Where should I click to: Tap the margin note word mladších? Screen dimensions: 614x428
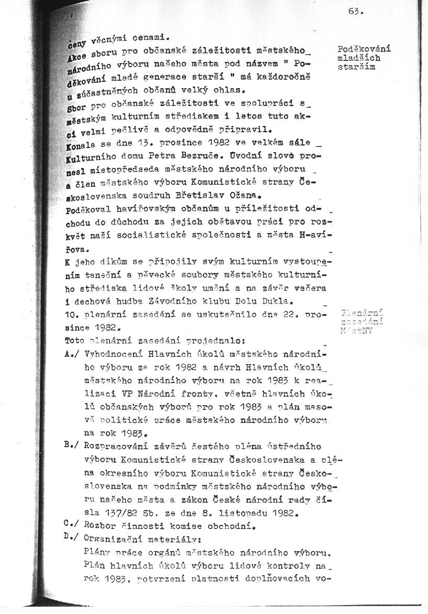pos(359,59)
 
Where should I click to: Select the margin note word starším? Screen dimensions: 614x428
pos(356,67)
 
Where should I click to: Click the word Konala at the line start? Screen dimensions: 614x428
pos(79,143)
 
